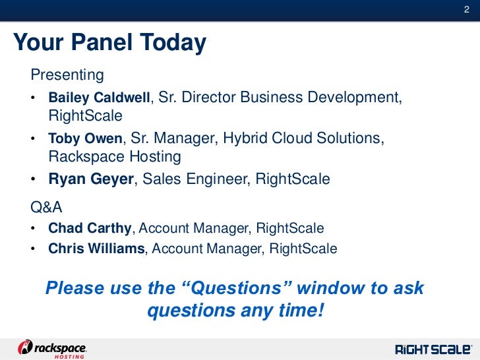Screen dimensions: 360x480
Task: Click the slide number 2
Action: [x=465, y=8]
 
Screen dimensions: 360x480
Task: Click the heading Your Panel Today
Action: [x=109, y=44]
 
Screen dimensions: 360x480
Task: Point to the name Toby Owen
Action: [x=85, y=138]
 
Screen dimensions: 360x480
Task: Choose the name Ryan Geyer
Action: [x=91, y=179]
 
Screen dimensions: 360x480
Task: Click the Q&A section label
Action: [x=47, y=208]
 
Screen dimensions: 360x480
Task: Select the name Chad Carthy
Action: [x=90, y=228]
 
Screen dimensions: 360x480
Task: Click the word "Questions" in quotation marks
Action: [x=236, y=288]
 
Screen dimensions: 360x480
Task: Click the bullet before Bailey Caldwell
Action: [x=34, y=98]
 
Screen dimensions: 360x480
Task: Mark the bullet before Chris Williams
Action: [x=34, y=249]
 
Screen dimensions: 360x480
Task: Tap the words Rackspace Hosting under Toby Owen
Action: [x=114, y=157]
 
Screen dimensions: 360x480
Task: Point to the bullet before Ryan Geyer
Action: [x=34, y=179]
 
